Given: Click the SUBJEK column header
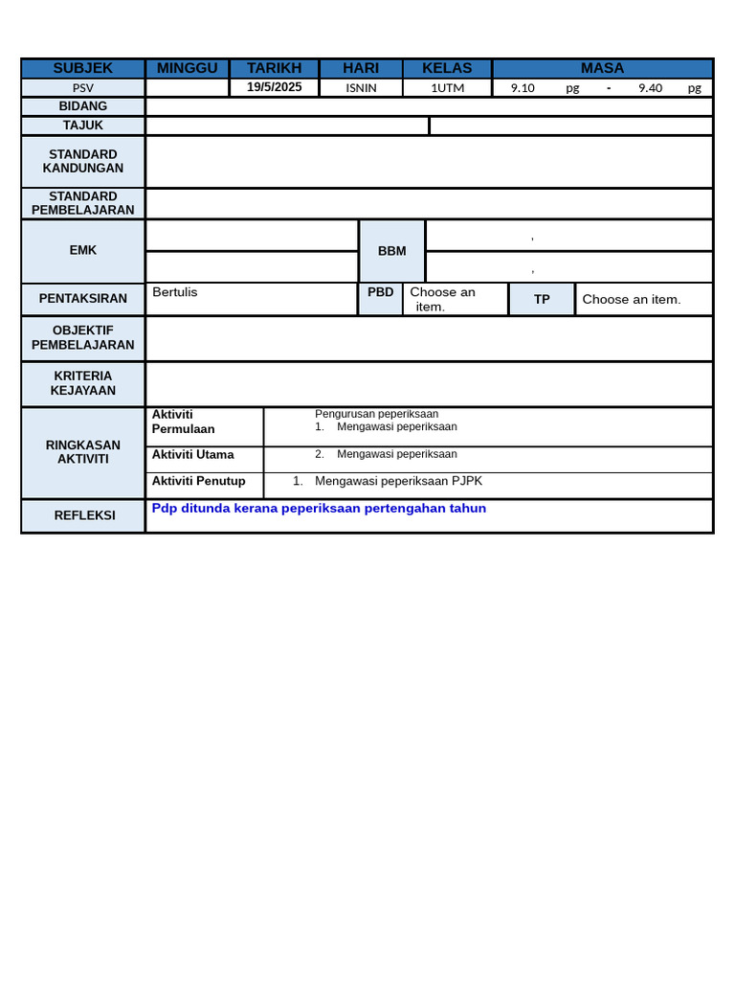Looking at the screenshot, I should click(x=83, y=68).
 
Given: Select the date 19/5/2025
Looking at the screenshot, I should click(x=274, y=87).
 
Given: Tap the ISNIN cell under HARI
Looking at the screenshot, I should click(x=361, y=88).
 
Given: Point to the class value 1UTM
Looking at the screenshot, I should click(x=447, y=88).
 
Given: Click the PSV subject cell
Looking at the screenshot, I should click(x=83, y=88).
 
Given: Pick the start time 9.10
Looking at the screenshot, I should click(x=523, y=88).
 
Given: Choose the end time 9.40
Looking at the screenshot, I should click(x=650, y=88).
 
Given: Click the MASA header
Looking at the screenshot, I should click(x=602, y=68).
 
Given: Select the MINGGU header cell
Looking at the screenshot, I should click(x=187, y=68).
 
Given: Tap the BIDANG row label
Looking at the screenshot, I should click(x=83, y=106).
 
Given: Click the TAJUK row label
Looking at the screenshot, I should click(x=83, y=125).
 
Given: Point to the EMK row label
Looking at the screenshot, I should click(x=83, y=250).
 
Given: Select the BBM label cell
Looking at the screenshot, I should click(x=391, y=251).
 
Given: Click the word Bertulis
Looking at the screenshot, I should click(x=175, y=292).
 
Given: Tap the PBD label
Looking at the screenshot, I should click(x=381, y=292).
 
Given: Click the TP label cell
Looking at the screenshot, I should click(x=542, y=299).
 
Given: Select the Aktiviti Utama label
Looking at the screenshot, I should click(x=193, y=455).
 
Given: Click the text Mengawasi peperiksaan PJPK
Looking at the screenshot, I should click(x=398, y=481).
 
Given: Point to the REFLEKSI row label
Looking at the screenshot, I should click(x=84, y=515).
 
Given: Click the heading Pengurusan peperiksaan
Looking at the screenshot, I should click(x=376, y=414).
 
